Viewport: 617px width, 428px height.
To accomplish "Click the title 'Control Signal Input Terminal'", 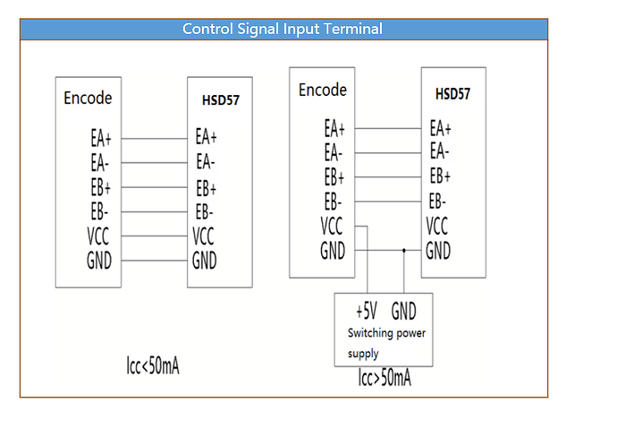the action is click(x=283, y=30).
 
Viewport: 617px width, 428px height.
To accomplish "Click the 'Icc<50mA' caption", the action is click(x=153, y=365).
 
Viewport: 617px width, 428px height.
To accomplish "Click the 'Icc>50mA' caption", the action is click(x=385, y=378).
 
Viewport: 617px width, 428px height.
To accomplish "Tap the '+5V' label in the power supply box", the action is click(x=367, y=311).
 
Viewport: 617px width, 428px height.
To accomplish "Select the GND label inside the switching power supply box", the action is click(x=403, y=311).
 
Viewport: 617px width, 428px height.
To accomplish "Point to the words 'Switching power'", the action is click(x=386, y=333).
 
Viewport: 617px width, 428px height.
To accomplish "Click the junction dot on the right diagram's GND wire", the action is click(x=403, y=250).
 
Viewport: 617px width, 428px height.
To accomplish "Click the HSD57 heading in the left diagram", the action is click(x=220, y=100).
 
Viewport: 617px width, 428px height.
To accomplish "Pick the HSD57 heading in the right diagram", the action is click(x=452, y=94).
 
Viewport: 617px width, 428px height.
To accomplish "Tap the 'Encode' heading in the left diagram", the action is click(x=88, y=98).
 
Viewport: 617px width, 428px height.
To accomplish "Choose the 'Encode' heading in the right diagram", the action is click(x=323, y=90).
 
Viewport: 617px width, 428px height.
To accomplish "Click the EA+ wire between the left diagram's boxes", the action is click(x=154, y=138).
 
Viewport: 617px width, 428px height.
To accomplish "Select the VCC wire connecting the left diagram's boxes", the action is click(x=154, y=236).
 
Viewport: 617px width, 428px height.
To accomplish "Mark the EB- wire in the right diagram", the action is click(x=388, y=201).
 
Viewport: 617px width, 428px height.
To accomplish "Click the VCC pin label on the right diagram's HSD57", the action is click(x=436, y=226).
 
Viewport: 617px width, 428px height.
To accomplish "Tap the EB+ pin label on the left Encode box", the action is click(x=101, y=187).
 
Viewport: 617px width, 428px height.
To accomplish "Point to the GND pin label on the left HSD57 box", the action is click(x=204, y=260).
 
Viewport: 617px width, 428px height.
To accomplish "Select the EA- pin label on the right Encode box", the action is click(x=334, y=152).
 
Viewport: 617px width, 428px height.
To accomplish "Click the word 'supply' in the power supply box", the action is click(x=363, y=354).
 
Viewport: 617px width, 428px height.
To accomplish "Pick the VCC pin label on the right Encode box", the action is click(x=332, y=226).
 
